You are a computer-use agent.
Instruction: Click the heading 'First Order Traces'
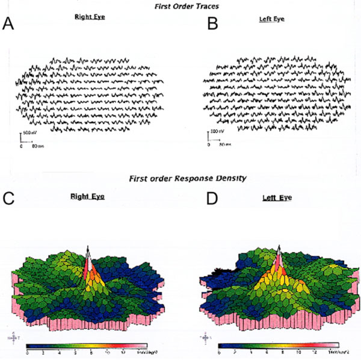click(x=182, y=5)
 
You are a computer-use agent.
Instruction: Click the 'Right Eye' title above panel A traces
click(x=90, y=17)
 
